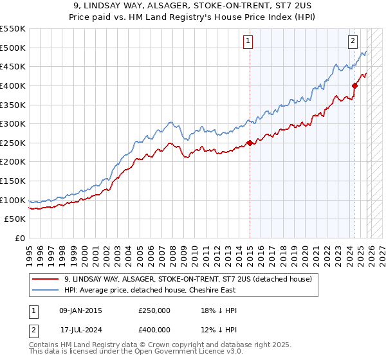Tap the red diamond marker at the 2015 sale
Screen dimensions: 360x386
250,143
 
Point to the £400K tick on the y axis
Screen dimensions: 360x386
13,85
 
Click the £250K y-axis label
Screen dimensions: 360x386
13,143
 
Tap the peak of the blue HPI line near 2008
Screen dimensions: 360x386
170,122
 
